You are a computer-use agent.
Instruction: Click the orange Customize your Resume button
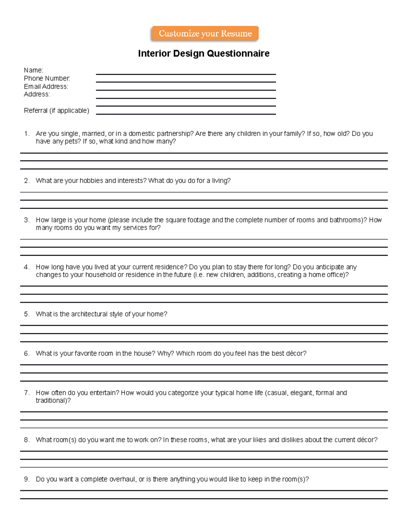(205, 34)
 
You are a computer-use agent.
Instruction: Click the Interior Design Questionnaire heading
(204, 53)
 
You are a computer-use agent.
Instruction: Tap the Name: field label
(33, 70)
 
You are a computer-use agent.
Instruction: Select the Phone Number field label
(47, 79)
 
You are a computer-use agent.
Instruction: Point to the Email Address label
(46, 87)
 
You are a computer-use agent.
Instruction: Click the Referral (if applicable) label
(56, 110)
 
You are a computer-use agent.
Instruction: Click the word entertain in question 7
(104, 393)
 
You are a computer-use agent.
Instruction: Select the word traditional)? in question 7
(53, 401)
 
